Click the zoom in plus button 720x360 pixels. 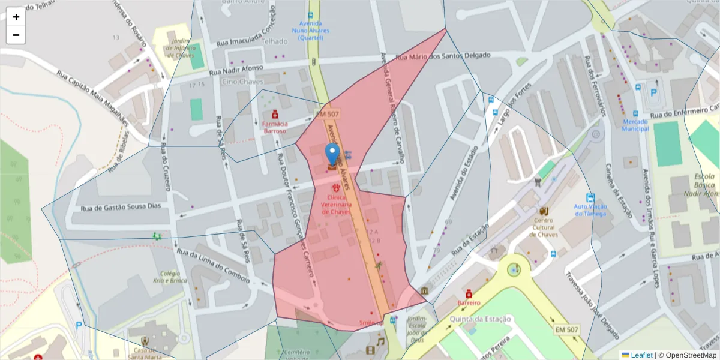[x=16, y=17]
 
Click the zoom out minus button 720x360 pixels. [x=16, y=35]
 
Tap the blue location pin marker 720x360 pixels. [x=332, y=155]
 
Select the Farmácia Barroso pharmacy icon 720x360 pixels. [x=275, y=113]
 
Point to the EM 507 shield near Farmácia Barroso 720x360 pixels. [x=328, y=113]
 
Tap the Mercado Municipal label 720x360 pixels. [x=635, y=125]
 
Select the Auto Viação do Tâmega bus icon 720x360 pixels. [x=590, y=197]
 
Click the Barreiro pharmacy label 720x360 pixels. [x=469, y=303]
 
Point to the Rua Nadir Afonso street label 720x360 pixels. [x=236, y=71]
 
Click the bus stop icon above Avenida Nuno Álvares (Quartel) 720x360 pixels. [x=310, y=16]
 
